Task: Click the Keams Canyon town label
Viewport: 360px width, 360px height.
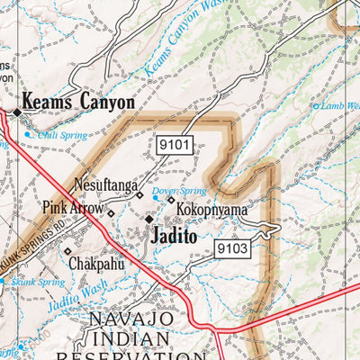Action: (x=78, y=103)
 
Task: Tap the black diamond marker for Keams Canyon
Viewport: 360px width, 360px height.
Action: (x=16, y=112)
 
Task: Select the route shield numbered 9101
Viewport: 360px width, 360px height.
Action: (x=173, y=142)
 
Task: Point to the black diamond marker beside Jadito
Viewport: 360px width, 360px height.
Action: (x=149, y=218)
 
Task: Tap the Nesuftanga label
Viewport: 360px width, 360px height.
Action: (x=105, y=186)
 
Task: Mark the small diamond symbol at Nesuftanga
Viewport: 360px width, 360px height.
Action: (x=139, y=193)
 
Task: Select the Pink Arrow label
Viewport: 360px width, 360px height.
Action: (x=73, y=208)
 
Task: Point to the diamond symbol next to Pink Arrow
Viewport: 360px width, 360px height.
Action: (x=111, y=213)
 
